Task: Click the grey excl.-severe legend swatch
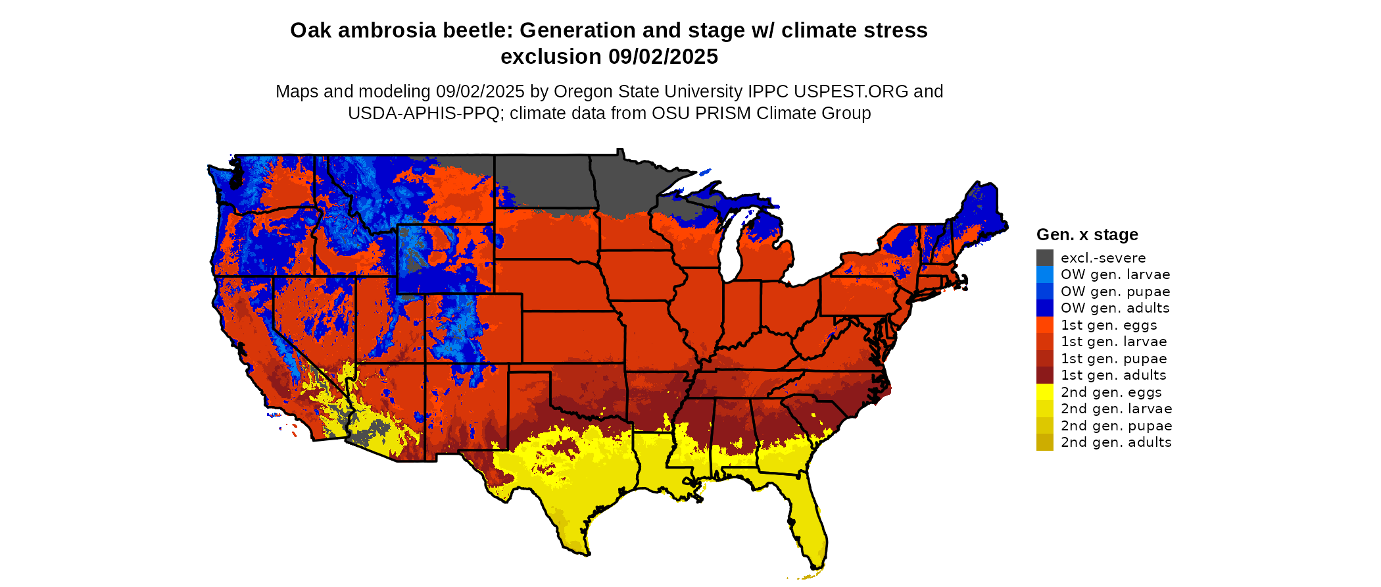[x=1044, y=258]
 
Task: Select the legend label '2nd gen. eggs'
[x=1111, y=392]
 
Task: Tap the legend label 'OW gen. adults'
[x=1115, y=308]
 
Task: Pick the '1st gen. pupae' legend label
[x=1113, y=359]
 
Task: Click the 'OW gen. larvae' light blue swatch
[x=1044, y=274]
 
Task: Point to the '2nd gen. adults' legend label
[x=1115, y=442]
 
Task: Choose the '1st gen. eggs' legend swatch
[x=1044, y=325]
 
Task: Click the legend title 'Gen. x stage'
[x=1086, y=234]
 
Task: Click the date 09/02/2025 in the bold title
[x=663, y=57]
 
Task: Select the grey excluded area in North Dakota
[x=543, y=181]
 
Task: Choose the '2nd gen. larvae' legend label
[x=1116, y=409]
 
